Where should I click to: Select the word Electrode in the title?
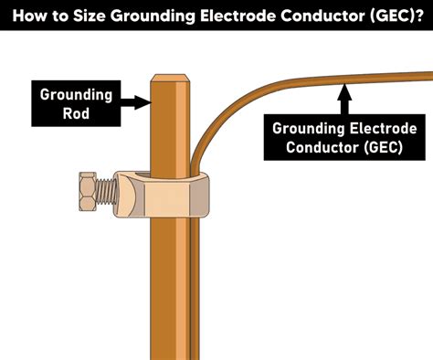pos(240,16)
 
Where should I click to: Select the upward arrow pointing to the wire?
pos(343,96)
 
